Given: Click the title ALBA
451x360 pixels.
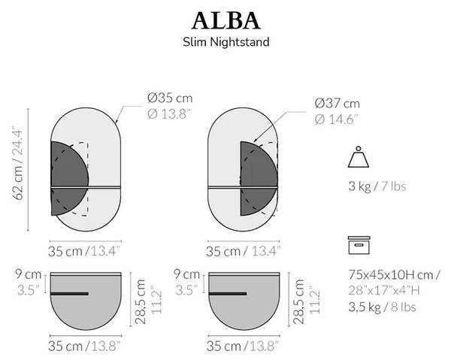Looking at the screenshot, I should tap(225, 20).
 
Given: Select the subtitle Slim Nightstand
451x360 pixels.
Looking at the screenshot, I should tap(225, 43).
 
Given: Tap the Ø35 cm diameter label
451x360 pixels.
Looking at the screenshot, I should tap(170, 98).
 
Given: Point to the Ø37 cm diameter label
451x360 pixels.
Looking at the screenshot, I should tap(337, 103).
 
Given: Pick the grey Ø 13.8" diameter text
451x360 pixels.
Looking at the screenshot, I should tap(170, 113).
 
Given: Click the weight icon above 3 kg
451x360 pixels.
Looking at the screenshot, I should tap(359, 159).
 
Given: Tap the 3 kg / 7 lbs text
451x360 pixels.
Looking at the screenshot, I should tap(377, 186).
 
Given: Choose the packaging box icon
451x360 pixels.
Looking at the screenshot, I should tap(359, 246).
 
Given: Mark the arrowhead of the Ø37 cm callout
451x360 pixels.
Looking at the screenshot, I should tap(253, 141).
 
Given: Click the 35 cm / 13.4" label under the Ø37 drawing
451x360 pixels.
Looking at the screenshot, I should tap(243, 250).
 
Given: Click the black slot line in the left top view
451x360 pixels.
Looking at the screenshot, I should tap(69, 293).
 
